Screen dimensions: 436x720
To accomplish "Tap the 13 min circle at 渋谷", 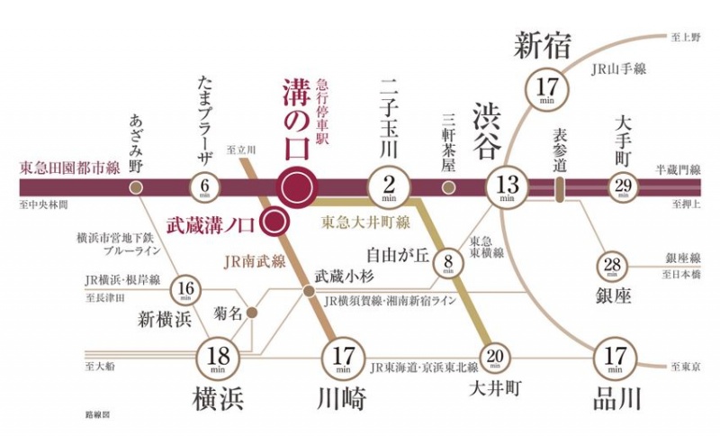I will point(504,187).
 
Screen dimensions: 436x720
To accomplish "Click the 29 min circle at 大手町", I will point(622,187).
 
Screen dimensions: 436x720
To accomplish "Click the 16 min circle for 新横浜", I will point(186,290).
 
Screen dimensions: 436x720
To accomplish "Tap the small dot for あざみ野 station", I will point(136,187).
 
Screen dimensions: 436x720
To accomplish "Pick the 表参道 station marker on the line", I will point(559,187).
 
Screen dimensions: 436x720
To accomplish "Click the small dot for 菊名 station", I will point(253,313).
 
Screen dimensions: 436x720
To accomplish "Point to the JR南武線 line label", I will point(256,262).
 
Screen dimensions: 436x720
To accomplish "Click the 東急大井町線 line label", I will point(360,220).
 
